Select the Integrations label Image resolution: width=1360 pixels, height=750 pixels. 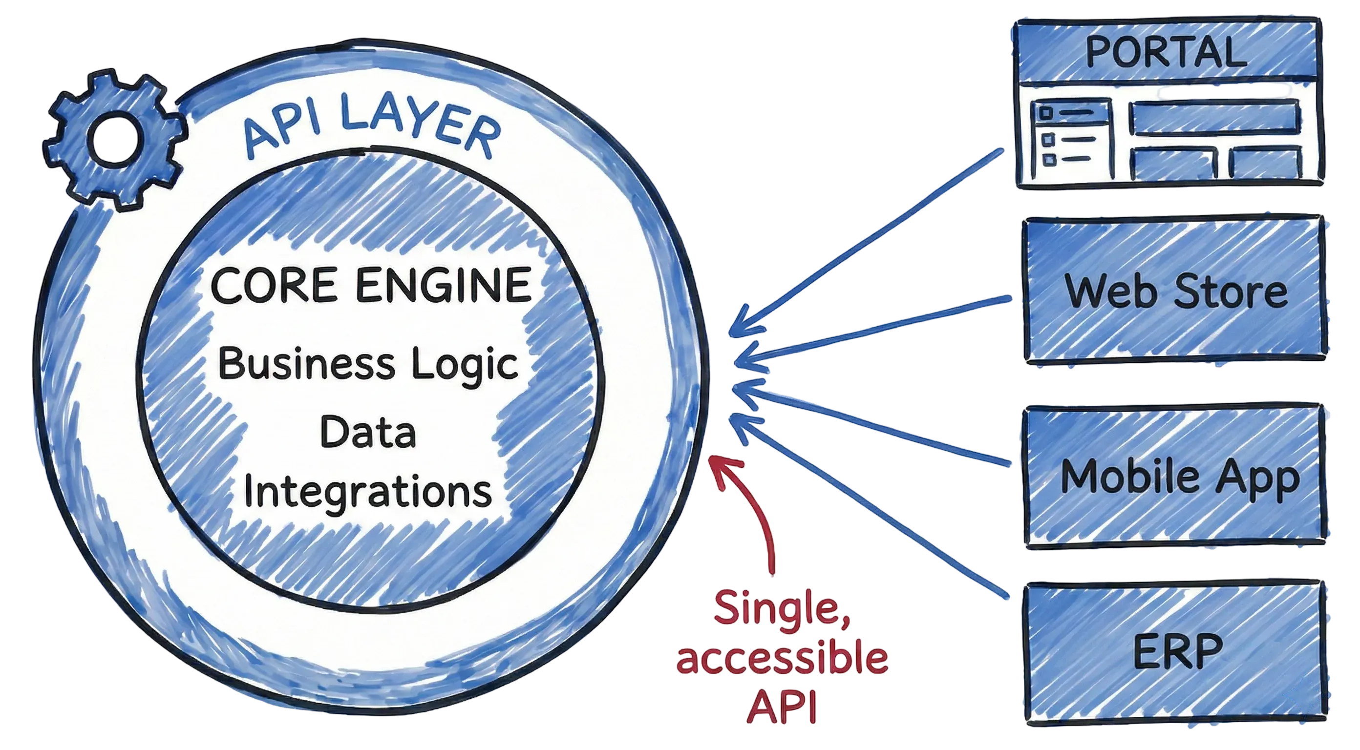click(368, 491)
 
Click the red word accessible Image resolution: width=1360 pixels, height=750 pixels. click(782, 660)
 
